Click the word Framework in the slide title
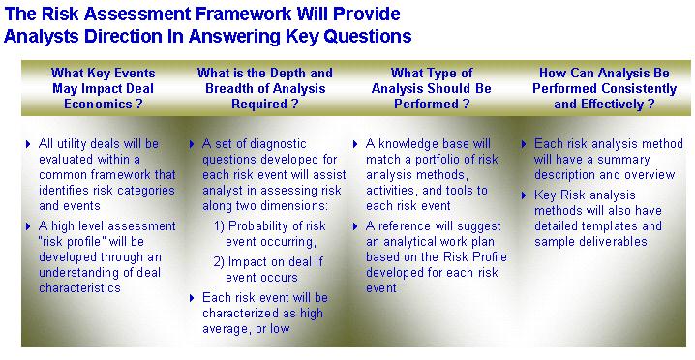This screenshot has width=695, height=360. [x=243, y=14]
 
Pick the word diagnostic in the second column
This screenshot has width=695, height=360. [x=278, y=143]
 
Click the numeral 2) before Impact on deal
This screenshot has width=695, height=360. [x=219, y=261]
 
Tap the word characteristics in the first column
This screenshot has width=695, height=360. [x=79, y=287]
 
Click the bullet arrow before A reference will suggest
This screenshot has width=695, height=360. [x=355, y=226]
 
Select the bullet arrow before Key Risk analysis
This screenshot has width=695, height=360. [x=524, y=195]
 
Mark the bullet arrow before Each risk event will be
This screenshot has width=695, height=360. [x=192, y=298]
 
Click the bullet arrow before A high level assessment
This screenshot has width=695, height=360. [x=28, y=226]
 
